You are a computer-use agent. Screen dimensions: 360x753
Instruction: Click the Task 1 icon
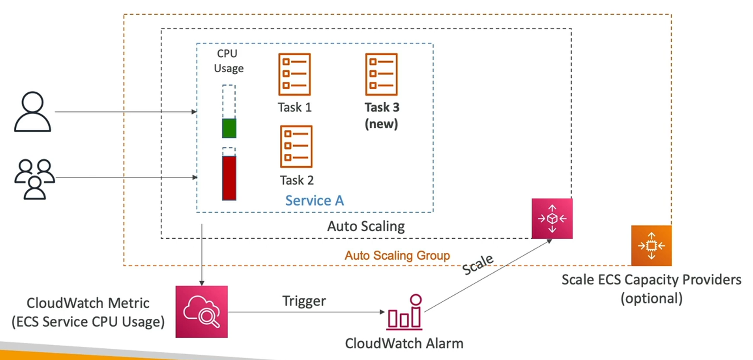[x=294, y=74]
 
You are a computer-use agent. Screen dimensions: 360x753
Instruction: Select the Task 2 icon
[x=296, y=146]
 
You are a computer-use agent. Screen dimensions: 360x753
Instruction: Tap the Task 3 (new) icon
[x=381, y=74]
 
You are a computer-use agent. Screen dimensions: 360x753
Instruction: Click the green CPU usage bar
[x=229, y=128]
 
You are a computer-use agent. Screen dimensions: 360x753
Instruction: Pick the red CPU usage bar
[x=229, y=178]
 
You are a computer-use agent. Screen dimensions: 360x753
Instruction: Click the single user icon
[x=33, y=112]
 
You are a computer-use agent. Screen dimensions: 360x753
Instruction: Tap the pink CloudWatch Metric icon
[x=202, y=311]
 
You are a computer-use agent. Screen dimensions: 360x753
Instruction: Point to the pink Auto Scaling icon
[x=552, y=218]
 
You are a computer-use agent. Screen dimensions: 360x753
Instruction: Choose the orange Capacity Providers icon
[x=651, y=246]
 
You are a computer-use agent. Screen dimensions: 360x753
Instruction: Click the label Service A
[x=314, y=201]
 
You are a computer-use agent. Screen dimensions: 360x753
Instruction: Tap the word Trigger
[x=304, y=301]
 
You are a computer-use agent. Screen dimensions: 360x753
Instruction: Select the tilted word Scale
[x=478, y=264]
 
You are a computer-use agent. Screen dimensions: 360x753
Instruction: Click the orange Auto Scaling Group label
[x=397, y=255]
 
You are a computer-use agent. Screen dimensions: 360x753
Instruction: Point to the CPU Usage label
[x=228, y=61]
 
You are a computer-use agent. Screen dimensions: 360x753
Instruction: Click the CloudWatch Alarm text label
[x=404, y=343]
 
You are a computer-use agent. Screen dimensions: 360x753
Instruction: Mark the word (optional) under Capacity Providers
[x=651, y=298]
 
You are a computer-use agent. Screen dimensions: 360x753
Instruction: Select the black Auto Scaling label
[x=366, y=226]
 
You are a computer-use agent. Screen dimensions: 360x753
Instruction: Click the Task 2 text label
[x=297, y=180]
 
